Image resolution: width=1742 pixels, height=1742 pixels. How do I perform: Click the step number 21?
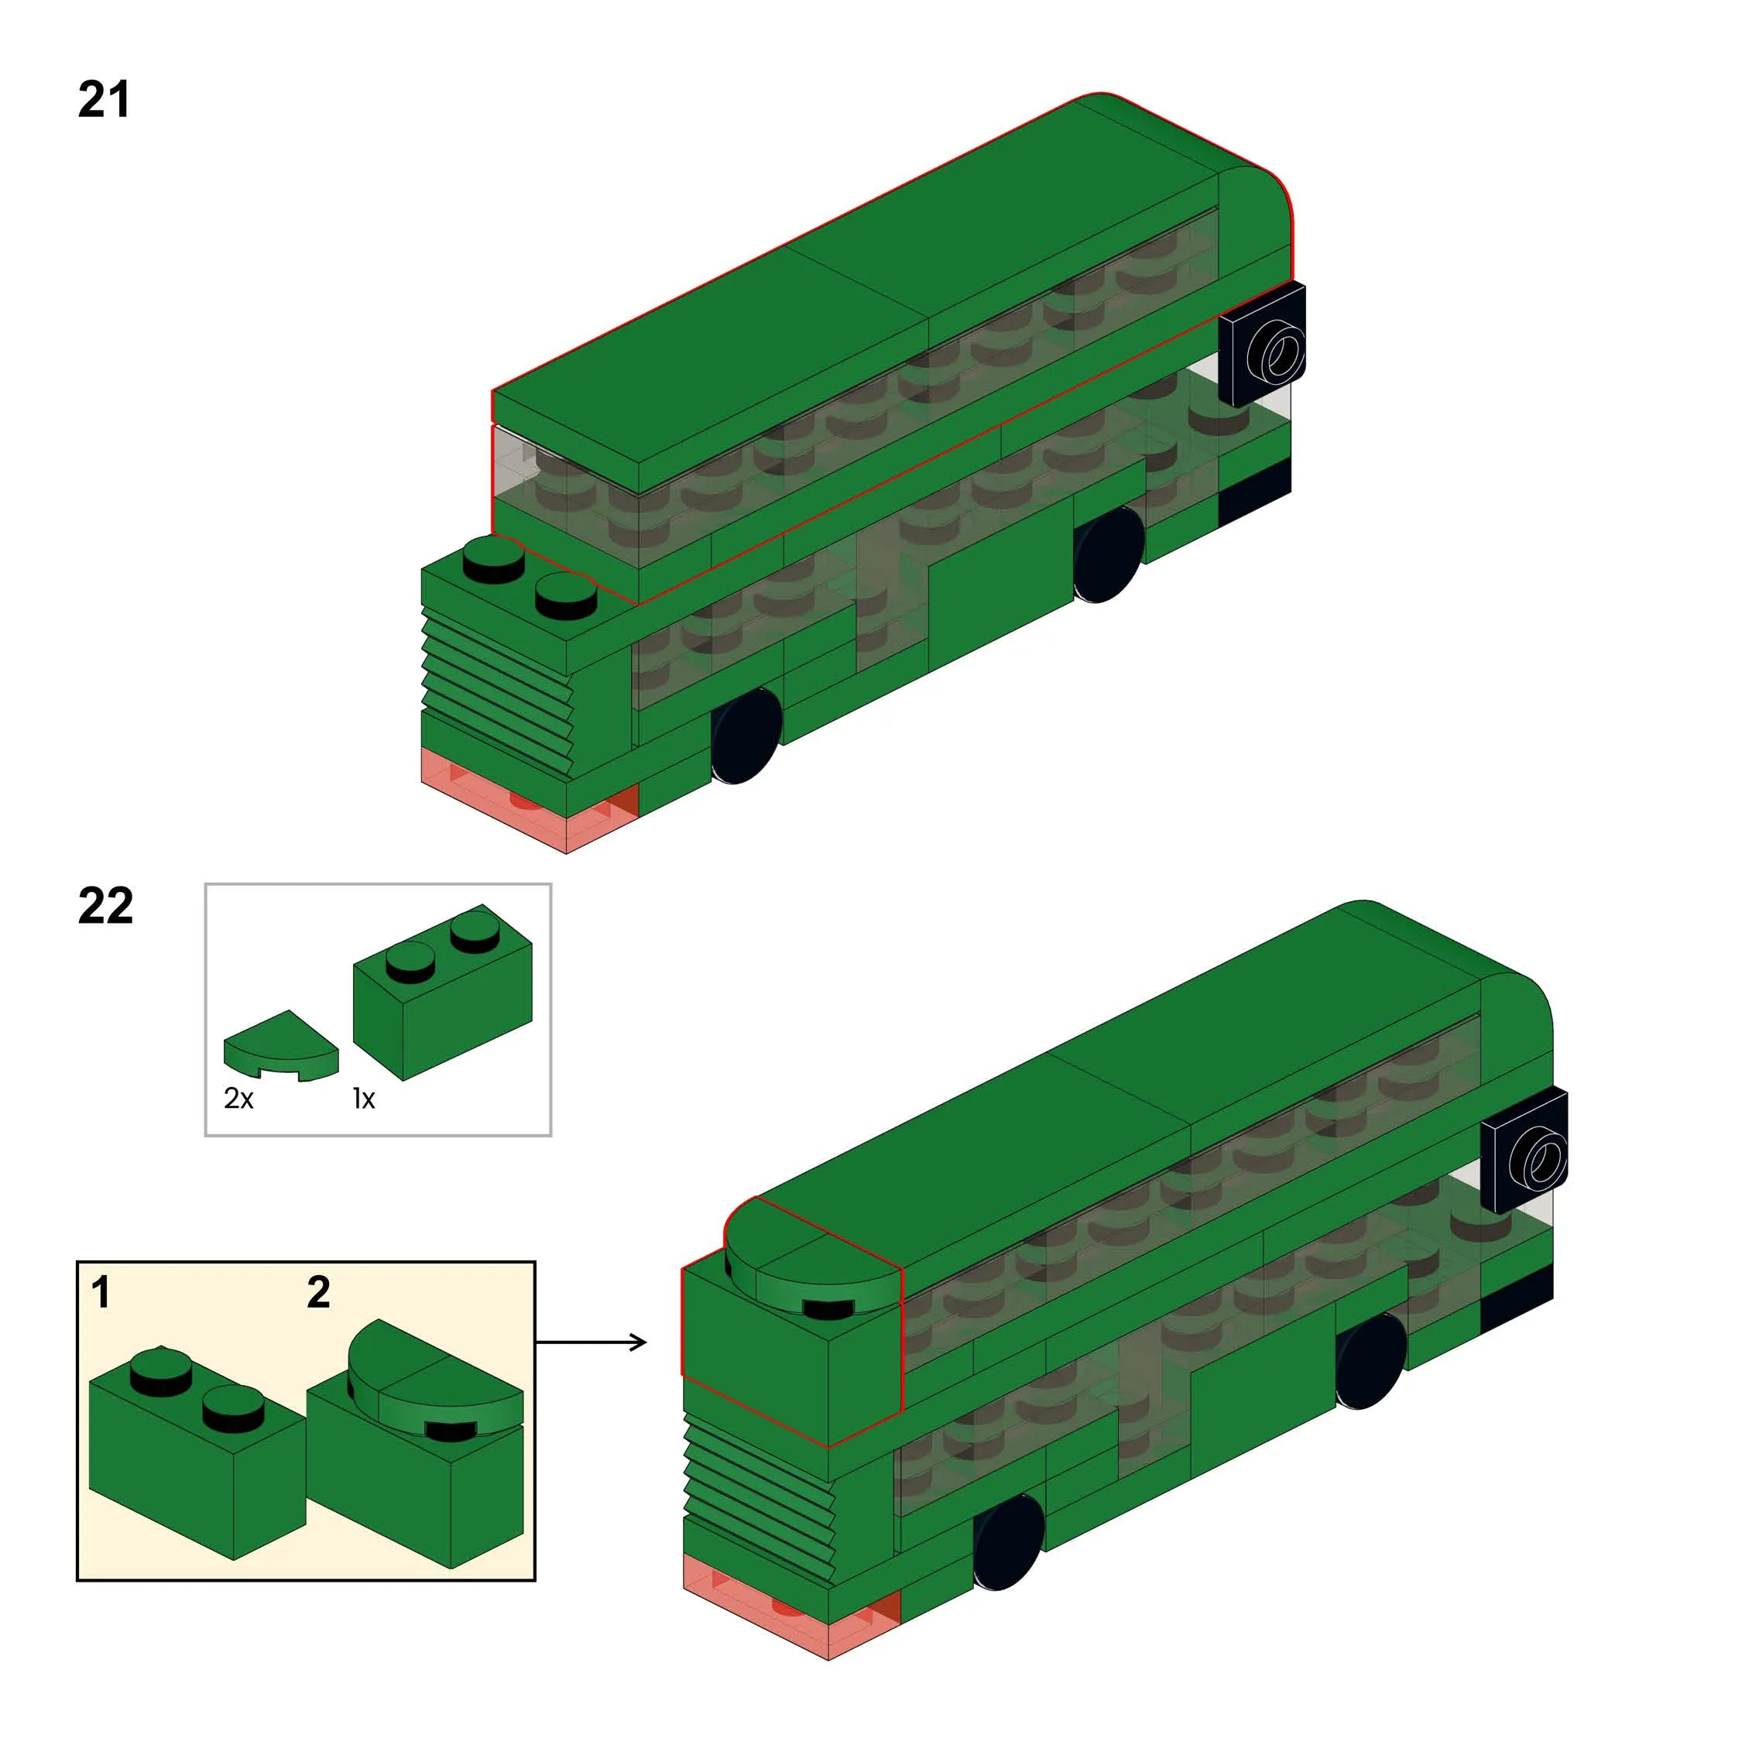(104, 99)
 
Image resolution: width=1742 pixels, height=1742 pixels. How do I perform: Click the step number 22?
(105, 905)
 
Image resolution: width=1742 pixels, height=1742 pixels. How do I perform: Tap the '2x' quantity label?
(239, 1098)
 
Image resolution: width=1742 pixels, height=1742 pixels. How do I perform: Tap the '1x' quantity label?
(363, 1098)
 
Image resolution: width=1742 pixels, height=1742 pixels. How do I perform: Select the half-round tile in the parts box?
(280, 1046)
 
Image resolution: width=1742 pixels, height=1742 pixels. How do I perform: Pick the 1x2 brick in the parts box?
(442, 992)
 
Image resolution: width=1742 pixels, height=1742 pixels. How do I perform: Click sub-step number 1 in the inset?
(100, 1293)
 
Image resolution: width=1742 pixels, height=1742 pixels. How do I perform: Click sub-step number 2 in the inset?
(318, 1293)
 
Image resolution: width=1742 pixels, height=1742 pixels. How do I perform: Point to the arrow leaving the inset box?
(592, 1343)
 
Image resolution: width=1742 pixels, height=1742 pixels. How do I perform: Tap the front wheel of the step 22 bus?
(1009, 1541)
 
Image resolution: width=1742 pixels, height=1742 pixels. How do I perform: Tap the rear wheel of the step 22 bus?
(1370, 1360)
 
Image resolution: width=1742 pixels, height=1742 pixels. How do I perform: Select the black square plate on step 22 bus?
(1524, 1150)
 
